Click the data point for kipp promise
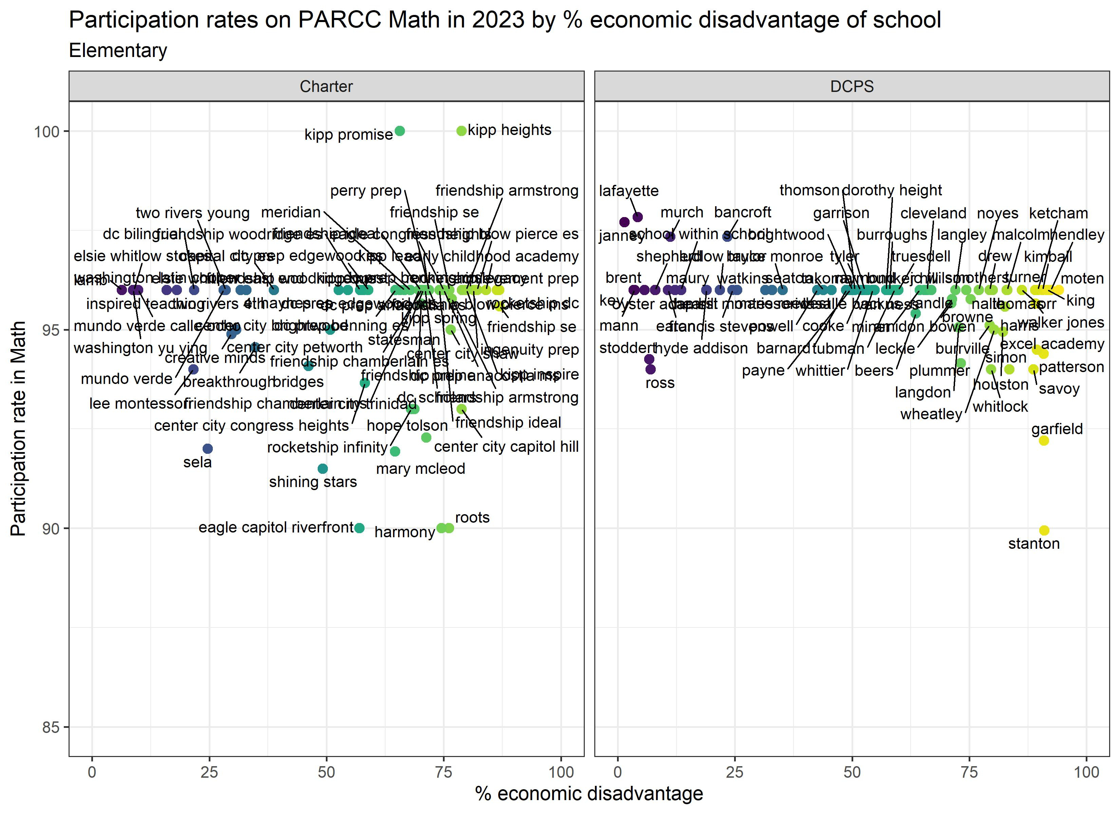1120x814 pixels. point(400,131)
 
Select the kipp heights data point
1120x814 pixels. point(461,131)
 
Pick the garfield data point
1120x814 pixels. point(1043,440)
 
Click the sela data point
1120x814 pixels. point(208,449)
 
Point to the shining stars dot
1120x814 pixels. point(322,468)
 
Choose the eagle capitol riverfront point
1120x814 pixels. point(359,528)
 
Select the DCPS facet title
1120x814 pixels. point(852,86)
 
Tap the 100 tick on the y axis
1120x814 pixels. point(46,132)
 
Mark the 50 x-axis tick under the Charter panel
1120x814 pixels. point(326,772)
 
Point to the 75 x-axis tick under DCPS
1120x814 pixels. point(969,772)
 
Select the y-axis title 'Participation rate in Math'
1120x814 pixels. point(19,428)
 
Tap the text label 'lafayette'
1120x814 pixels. point(629,191)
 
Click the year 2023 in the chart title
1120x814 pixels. point(498,20)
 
